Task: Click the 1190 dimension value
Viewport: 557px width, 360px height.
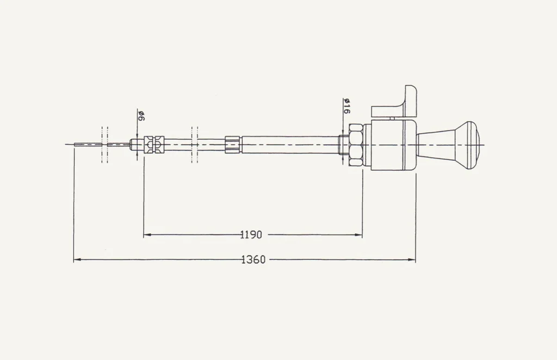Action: point(251,235)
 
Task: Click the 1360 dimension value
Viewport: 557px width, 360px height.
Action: point(253,260)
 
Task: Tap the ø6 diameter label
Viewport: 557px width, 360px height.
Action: point(141,116)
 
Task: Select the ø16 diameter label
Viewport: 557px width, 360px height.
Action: point(346,106)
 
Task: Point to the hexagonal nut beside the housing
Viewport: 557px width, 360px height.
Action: point(356,145)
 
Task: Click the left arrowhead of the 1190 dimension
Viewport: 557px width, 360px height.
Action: point(146,235)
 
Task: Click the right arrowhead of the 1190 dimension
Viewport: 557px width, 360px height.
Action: point(360,235)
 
